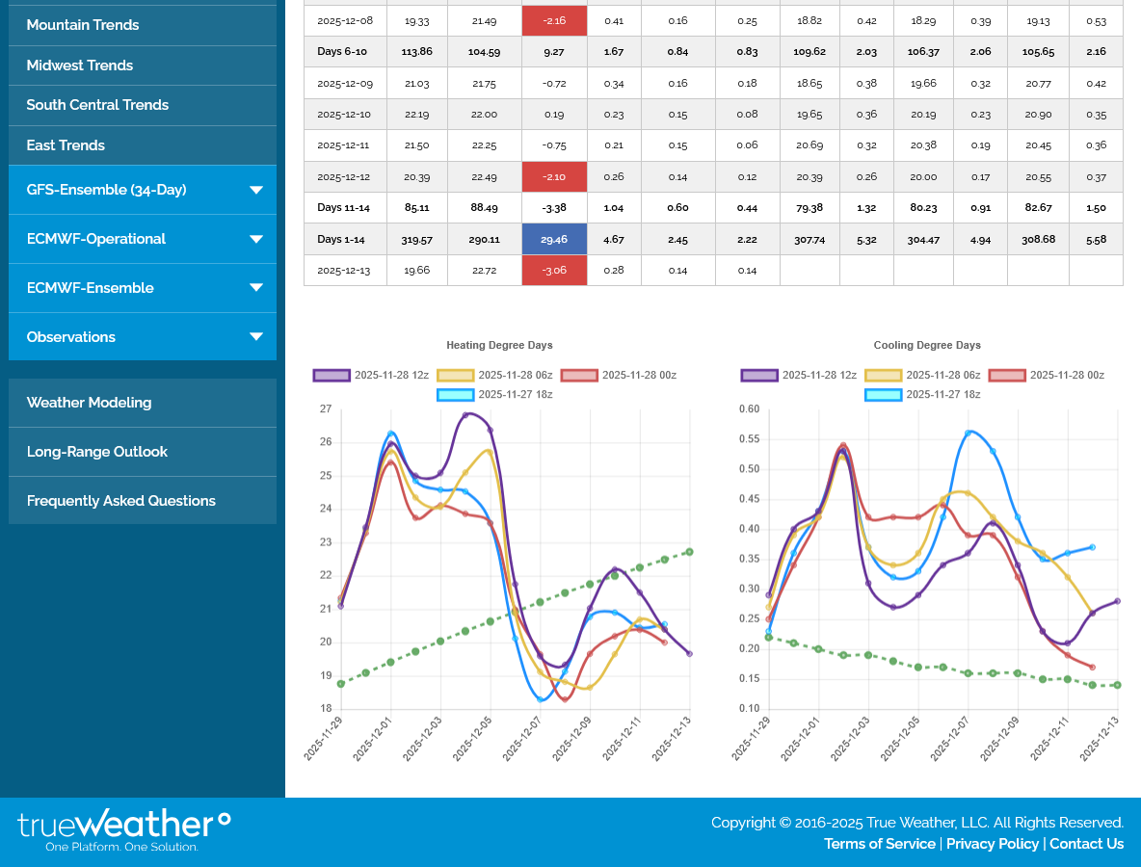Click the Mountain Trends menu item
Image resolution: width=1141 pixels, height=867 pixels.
tap(83, 25)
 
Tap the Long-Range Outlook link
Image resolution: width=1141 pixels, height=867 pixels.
tap(97, 452)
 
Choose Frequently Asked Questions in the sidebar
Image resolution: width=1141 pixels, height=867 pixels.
tap(121, 501)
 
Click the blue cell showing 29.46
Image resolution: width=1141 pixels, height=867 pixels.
tap(554, 239)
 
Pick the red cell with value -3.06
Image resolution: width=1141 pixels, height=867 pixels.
tap(554, 270)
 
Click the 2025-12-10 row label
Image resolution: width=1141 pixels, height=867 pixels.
tap(345, 115)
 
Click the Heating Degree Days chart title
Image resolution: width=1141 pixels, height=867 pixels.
tap(499, 345)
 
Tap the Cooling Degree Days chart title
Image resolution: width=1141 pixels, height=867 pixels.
tap(927, 345)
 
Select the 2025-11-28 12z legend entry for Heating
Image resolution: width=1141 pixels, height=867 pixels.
tap(371, 376)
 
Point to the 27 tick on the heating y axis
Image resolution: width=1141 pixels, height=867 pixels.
tap(326, 409)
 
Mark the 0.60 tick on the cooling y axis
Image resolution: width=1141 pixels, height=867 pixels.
tap(748, 409)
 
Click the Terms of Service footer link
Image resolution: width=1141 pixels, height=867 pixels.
tap(879, 844)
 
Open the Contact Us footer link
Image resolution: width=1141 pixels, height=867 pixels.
tap(1086, 844)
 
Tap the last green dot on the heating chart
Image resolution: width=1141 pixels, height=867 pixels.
tap(689, 552)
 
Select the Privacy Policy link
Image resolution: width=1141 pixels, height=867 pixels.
tap(992, 844)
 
